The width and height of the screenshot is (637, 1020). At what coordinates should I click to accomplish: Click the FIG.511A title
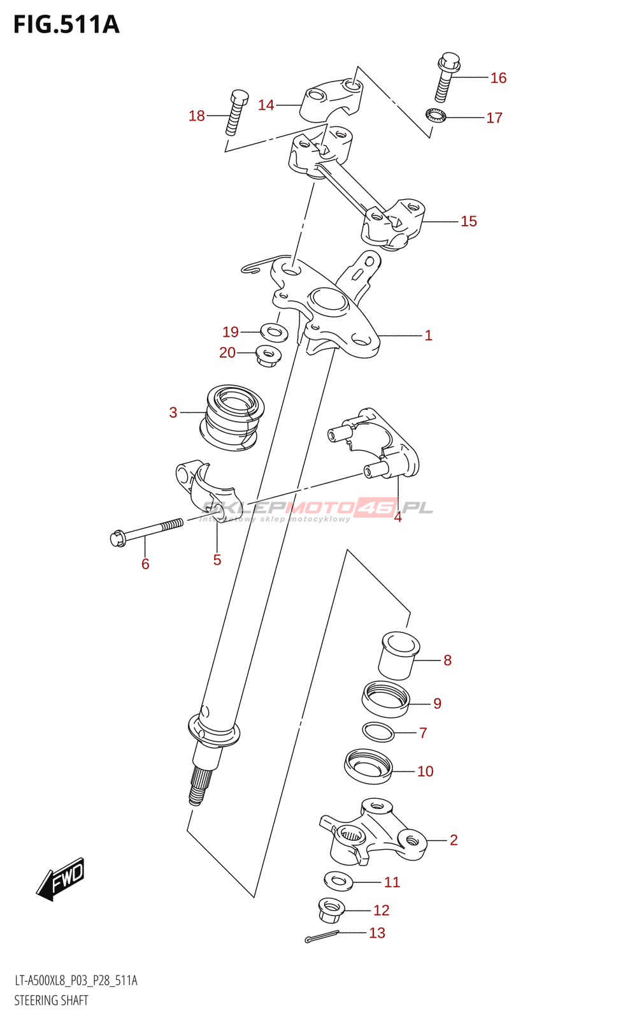pos(66,24)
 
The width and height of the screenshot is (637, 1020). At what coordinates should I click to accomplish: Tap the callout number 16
pos(498,78)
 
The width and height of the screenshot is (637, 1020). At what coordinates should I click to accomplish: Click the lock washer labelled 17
pos(436,116)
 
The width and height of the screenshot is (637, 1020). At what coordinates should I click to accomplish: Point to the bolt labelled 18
pos(235,112)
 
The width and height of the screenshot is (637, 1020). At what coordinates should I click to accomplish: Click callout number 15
pos(468,221)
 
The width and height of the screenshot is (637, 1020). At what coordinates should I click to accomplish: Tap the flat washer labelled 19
pos(274,331)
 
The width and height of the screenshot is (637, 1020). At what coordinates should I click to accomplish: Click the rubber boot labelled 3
pos(232,418)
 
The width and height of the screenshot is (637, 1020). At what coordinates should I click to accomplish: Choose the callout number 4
pos(397,517)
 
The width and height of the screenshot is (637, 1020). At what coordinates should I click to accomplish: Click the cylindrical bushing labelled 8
pos(398,655)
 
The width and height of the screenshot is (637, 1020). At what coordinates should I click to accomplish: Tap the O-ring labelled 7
pos(378,732)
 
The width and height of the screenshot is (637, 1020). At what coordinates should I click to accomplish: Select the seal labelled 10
pos(368,766)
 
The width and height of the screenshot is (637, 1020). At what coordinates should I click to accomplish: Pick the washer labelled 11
pos(338,882)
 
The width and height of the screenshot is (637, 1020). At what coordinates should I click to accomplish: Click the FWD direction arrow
pos(61,879)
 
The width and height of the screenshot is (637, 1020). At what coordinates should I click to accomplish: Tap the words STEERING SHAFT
pos(52,1000)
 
